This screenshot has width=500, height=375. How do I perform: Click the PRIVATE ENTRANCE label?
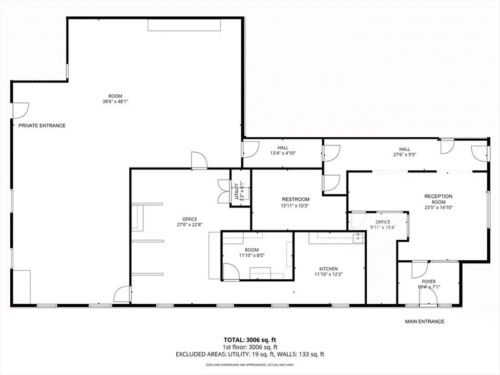[x=42, y=125]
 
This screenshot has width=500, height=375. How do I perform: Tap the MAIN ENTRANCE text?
[x=424, y=321]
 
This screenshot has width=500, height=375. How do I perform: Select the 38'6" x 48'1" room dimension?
[x=115, y=102]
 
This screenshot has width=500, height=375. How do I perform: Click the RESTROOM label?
[x=295, y=199]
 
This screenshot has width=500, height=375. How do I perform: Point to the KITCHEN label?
[x=329, y=269]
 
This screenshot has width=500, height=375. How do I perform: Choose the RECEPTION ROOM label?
[x=438, y=199]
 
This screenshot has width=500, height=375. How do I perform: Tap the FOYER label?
[x=429, y=282]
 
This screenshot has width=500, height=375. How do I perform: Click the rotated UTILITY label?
[x=236, y=191]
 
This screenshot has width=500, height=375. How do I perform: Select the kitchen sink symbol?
[x=358, y=238]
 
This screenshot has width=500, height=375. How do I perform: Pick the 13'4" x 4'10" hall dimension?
[x=283, y=153]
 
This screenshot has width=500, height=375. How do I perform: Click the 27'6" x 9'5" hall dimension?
[x=405, y=154]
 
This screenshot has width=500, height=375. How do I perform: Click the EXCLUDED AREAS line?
[x=250, y=354]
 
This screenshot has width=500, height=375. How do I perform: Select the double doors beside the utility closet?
[x=224, y=191]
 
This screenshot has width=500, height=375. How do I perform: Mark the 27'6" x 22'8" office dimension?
[x=190, y=225]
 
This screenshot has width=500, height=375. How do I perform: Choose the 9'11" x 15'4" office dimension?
[x=383, y=228]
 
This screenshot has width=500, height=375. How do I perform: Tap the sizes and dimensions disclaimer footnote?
[x=250, y=364]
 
